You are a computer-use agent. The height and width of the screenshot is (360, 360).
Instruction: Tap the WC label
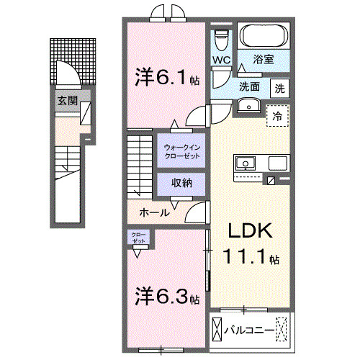coord(220,60)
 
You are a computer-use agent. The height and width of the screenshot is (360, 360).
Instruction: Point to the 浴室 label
coord(265,60)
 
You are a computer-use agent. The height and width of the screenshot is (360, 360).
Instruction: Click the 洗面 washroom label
coord(250,87)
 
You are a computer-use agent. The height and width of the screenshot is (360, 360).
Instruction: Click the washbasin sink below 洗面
coord(250,107)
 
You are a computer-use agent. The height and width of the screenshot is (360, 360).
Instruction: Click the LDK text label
coord(249,232)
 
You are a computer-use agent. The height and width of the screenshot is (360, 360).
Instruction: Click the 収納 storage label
coord(181,183)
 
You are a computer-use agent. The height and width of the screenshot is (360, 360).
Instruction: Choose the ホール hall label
coord(154,212)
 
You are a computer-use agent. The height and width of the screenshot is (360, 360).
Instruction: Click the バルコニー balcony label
coord(250,331)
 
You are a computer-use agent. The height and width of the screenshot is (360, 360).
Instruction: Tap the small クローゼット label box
coord(138,237)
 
